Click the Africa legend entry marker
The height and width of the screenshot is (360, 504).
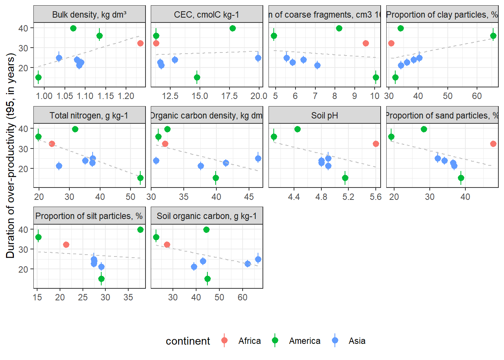[224, 340]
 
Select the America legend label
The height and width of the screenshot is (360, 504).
[304, 341]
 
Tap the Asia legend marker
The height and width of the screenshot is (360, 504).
[335, 340]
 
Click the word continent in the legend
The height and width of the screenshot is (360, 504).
[188, 341]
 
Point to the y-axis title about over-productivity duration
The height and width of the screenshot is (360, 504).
[10, 156]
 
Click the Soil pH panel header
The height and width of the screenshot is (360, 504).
[324, 115]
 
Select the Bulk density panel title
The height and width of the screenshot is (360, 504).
[89, 15]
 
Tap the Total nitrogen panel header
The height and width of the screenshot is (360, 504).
[89, 115]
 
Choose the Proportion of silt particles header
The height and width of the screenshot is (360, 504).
[89, 216]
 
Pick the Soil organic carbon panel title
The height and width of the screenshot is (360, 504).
[207, 216]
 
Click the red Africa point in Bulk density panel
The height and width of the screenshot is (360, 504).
[140, 43]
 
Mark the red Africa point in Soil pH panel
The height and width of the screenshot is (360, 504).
[376, 144]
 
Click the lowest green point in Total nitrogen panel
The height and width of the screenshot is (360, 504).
[140, 178]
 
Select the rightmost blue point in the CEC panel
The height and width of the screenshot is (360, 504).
[258, 58]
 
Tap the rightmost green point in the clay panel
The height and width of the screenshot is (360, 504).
[493, 36]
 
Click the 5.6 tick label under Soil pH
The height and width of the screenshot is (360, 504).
[376, 197]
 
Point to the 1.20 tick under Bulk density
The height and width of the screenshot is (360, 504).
[126, 96]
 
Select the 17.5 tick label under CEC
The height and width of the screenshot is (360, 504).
[229, 96]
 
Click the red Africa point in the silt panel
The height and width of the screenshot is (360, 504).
[66, 244]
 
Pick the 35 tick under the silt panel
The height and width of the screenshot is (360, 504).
[128, 297]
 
